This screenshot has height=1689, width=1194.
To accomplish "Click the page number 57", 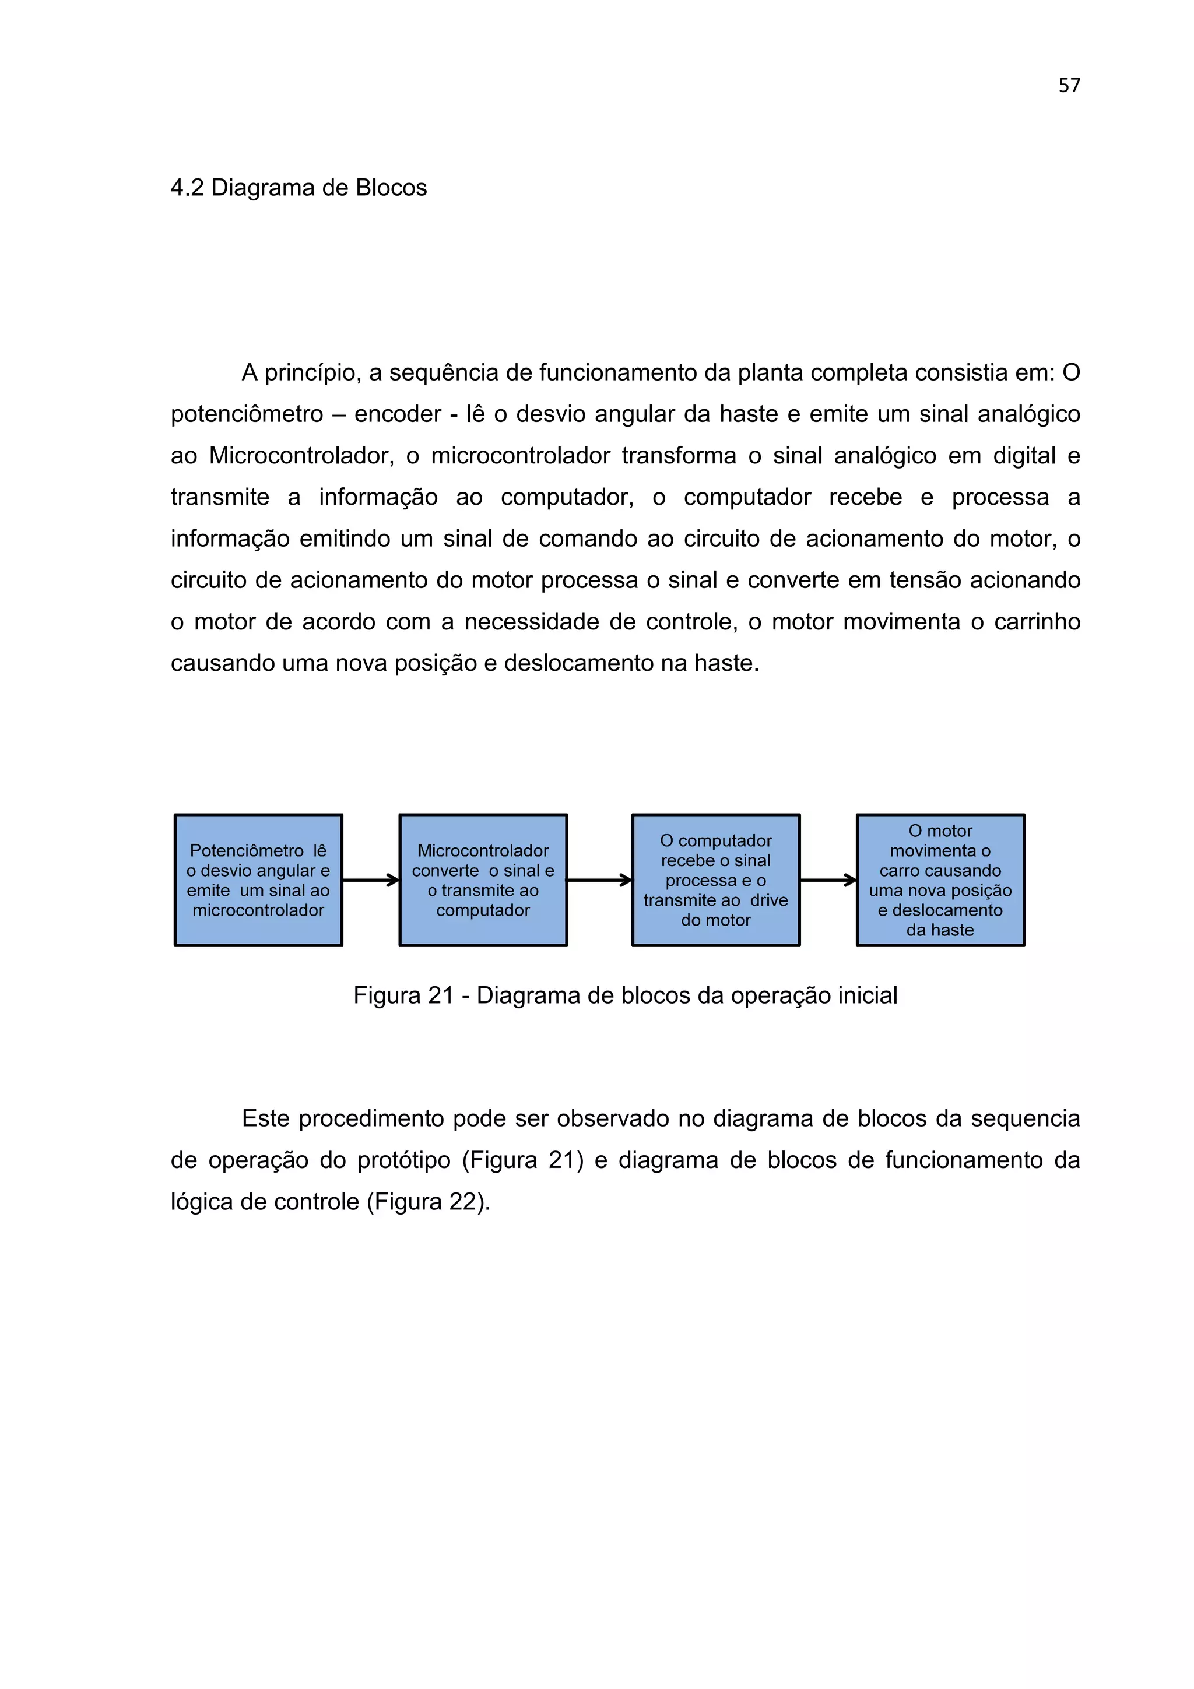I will pyautogui.click(x=1069, y=85).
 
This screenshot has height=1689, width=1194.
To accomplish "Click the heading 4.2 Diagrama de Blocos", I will pyautogui.click(x=298, y=188).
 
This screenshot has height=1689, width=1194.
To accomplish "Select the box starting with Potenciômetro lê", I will pyautogui.click(x=258, y=880).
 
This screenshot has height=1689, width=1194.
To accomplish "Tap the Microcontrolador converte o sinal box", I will pyautogui.click(x=483, y=880).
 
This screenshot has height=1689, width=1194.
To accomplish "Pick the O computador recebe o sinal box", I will pyautogui.click(x=715, y=880).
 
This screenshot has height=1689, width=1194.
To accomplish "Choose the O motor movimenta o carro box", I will pyautogui.click(x=940, y=880).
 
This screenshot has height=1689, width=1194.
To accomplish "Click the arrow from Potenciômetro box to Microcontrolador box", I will pyautogui.click(x=371, y=880).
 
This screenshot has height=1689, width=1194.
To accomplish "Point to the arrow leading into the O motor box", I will pyautogui.click(x=828, y=880).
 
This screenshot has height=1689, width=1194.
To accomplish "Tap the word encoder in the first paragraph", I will pyautogui.click(x=397, y=414).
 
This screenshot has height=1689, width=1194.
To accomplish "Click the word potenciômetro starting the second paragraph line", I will pyautogui.click(x=247, y=414).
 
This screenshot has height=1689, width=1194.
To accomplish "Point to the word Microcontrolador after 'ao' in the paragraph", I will pyautogui.click(x=301, y=456).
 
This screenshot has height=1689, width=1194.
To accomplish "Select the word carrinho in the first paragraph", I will pyautogui.click(x=1037, y=622).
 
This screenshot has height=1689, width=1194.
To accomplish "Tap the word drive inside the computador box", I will pyautogui.click(x=769, y=900).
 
